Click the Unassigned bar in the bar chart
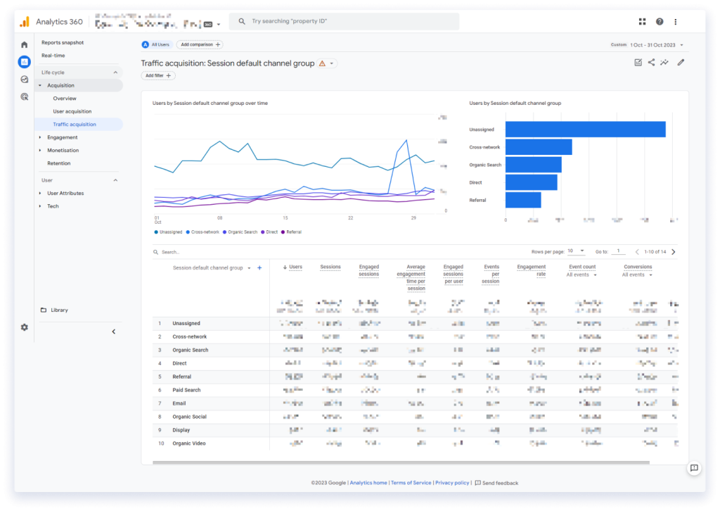585,130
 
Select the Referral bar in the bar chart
523,200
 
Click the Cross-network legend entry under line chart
205,232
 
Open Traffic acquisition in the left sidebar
75,125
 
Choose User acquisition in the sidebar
72,111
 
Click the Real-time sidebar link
53,56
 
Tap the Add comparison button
200,44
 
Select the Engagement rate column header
531,270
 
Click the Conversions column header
638,267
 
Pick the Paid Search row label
186,390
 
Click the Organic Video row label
189,443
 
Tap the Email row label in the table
179,403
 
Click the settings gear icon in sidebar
25,327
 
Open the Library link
59,310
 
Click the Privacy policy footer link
452,483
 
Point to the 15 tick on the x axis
285,217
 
